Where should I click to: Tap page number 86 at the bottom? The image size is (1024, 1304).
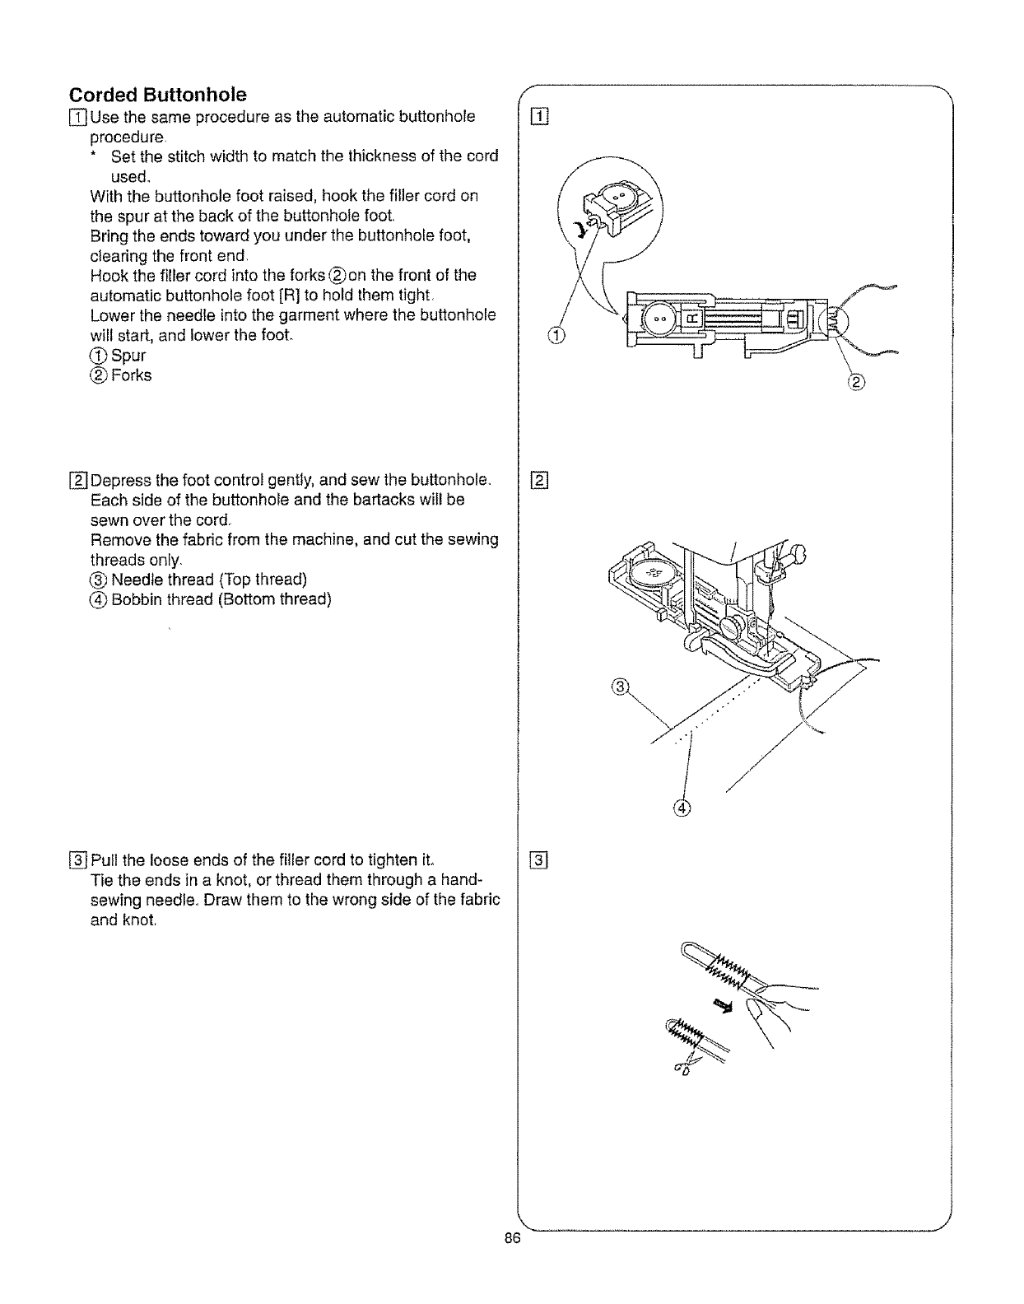(516, 1243)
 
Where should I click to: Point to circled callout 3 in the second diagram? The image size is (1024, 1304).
(622, 686)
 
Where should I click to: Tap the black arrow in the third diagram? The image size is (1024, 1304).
(724, 1004)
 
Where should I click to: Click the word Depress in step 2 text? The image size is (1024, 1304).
(122, 480)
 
